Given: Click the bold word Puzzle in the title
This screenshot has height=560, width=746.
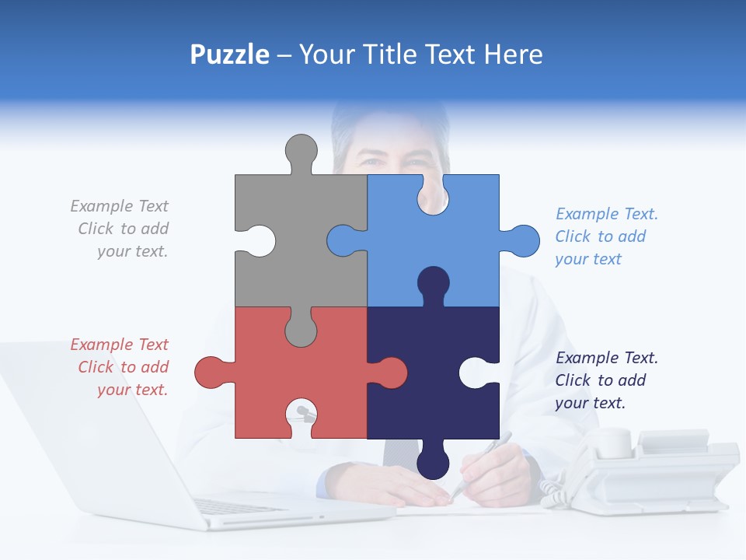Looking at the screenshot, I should [x=229, y=54].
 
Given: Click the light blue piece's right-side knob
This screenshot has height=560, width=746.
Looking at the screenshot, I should [x=521, y=240].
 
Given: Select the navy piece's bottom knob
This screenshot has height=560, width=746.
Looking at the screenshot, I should [x=433, y=464].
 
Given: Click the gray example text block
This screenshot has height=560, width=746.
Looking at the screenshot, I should [x=124, y=229].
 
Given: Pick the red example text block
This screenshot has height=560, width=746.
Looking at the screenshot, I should [x=124, y=367].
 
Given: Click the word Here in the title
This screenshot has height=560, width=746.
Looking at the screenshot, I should [x=513, y=54].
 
